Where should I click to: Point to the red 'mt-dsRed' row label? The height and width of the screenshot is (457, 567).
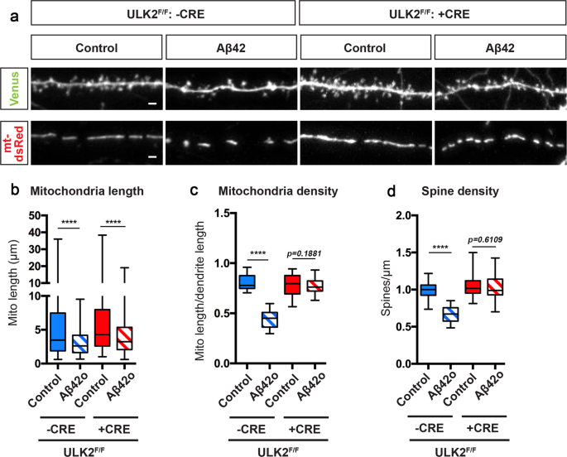14,142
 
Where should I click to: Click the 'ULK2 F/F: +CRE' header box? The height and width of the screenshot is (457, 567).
430,14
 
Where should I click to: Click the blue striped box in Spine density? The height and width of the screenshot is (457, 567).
426,315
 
